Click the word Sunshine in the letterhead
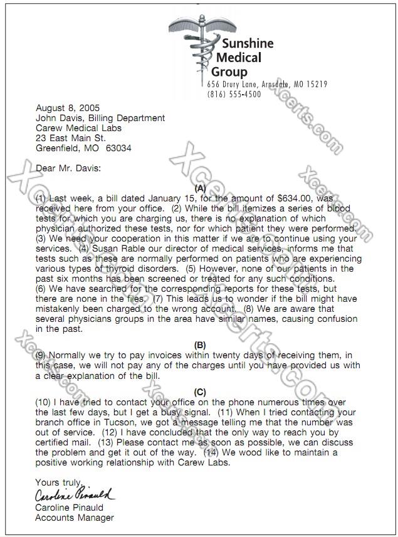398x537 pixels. point(248,43)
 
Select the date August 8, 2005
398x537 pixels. point(68,108)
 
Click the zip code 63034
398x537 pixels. point(118,148)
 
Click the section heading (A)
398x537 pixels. point(200,188)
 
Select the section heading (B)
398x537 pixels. point(200,344)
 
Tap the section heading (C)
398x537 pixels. point(200,391)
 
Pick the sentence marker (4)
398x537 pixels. point(84,248)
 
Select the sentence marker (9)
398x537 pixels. point(41,355)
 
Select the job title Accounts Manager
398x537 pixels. point(75,518)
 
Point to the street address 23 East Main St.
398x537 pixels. point(71,138)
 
